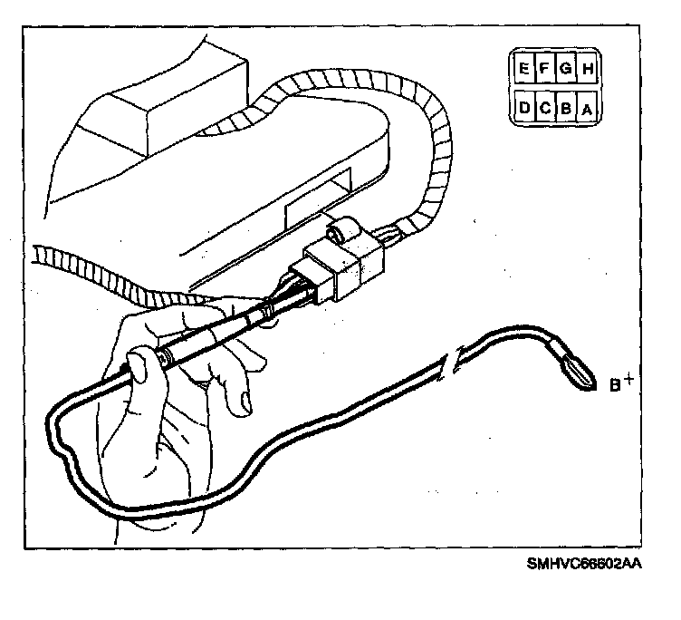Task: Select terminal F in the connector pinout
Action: click(545, 68)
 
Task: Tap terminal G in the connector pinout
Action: click(566, 68)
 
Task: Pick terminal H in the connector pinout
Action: click(587, 68)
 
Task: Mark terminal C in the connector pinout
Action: click(545, 109)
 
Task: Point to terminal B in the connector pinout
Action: click(566, 109)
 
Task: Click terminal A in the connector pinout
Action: click(587, 109)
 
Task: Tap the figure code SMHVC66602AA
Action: click(584, 564)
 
